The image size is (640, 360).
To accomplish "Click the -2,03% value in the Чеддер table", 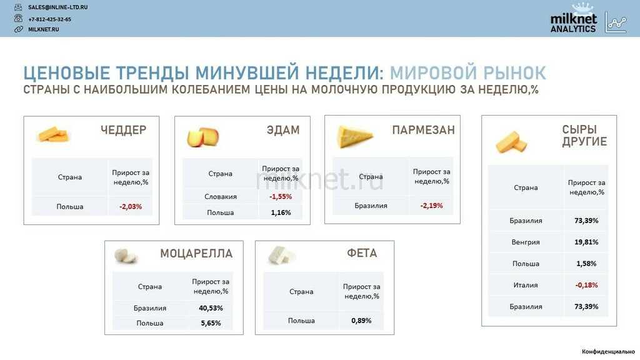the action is click(x=131, y=206).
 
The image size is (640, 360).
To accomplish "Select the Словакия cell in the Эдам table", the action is click(x=221, y=197).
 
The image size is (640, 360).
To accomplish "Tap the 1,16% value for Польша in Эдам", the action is click(x=281, y=212).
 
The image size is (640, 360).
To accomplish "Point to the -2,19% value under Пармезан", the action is click(x=431, y=206).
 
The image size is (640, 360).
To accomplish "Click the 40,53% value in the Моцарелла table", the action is click(x=211, y=308).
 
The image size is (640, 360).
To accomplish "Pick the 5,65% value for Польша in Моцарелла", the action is click(x=211, y=323).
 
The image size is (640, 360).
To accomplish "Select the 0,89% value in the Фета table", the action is click(x=361, y=321).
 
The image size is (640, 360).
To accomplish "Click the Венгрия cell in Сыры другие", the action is click(x=526, y=242).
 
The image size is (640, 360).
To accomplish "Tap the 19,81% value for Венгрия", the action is click(x=586, y=242).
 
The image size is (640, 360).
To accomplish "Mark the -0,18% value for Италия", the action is click(x=586, y=285).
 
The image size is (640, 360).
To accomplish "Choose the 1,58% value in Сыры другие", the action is click(x=586, y=264).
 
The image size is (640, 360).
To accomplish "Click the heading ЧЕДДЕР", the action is click(x=123, y=130).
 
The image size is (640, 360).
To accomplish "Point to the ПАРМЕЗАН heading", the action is click(x=423, y=130).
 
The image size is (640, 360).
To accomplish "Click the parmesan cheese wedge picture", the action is click(x=354, y=136).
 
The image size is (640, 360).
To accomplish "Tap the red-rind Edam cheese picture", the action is click(x=203, y=137).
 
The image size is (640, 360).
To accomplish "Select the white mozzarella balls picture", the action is click(x=126, y=256).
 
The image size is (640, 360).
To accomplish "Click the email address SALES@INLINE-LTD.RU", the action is click(x=57, y=7).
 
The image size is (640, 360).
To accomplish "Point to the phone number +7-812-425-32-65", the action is click(x=49, y=19).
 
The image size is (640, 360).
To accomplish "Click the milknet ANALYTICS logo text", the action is click(x=573, y=23).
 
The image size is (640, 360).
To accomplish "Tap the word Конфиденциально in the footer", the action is click(x=608, y=351).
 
